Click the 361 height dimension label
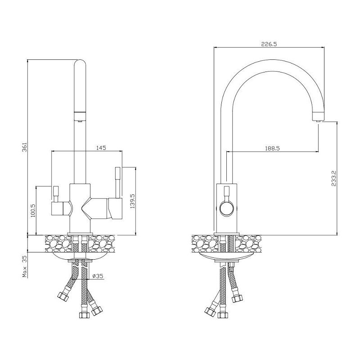coord(25,147)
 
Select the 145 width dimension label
coord(101,148)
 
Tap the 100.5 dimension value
coord(32,211)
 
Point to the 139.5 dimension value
coord(132,201)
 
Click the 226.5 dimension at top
coord(269,44)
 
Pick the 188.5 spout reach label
coord(272,148)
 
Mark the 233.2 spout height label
coord(333,178)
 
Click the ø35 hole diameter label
coord(98,276)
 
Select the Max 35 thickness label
coord(25,266)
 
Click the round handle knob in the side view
coord(227,208)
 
